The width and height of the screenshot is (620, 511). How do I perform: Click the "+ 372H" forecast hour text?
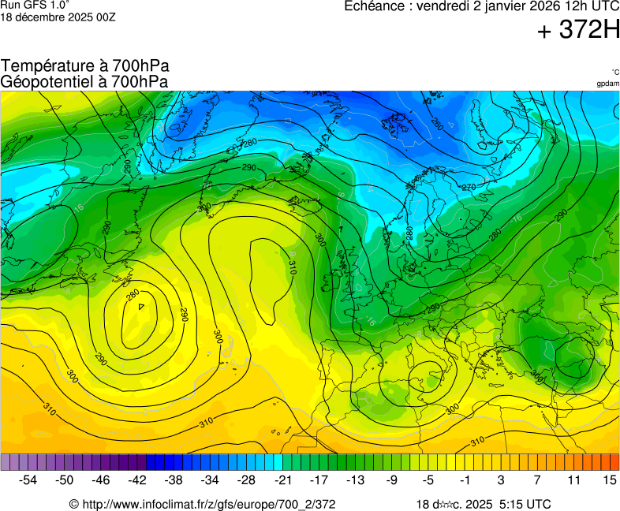[579, 31]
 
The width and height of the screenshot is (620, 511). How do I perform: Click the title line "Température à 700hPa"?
[85, 66]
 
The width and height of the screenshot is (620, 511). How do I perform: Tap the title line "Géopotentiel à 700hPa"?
[84, 81]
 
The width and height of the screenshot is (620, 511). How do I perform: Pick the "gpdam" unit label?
[607, 84]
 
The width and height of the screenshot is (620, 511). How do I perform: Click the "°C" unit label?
[614, 73]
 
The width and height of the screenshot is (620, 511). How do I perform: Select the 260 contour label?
[437, 124]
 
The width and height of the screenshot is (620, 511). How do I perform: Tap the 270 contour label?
[469, 187]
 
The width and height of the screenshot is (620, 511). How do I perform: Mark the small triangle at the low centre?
[141, 306]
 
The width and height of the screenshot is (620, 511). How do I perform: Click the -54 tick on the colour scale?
[28, 479]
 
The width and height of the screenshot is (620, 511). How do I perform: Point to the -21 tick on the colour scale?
[283, 479]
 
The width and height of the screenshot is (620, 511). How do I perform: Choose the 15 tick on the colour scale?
[610, 479]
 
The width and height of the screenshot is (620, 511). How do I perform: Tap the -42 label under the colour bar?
[137, 479]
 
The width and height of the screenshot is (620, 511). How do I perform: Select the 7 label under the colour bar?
[537, 479]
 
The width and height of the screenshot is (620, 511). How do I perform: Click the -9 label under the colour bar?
[392, 479]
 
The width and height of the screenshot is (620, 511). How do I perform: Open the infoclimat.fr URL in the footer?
[203, 504]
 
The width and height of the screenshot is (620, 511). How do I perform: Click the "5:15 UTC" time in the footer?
[525, 504]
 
